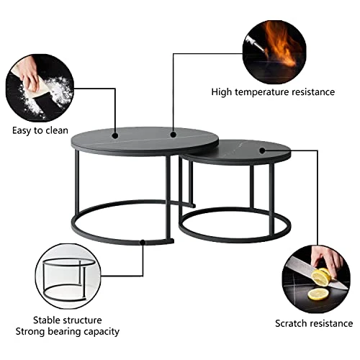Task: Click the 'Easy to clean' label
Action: (40, 130)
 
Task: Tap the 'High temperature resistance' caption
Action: (273, 92)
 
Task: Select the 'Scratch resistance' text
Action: (314, 323)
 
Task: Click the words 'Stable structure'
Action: (68, 320)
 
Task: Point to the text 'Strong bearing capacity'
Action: (68, 332)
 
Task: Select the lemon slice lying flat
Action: (318, 294)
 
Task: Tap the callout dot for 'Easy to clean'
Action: (115, 135)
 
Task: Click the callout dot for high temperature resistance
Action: (174, 135)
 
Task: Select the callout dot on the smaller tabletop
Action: (262, 150)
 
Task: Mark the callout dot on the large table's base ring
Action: (143, 242)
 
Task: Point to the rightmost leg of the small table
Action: (271, 199)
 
